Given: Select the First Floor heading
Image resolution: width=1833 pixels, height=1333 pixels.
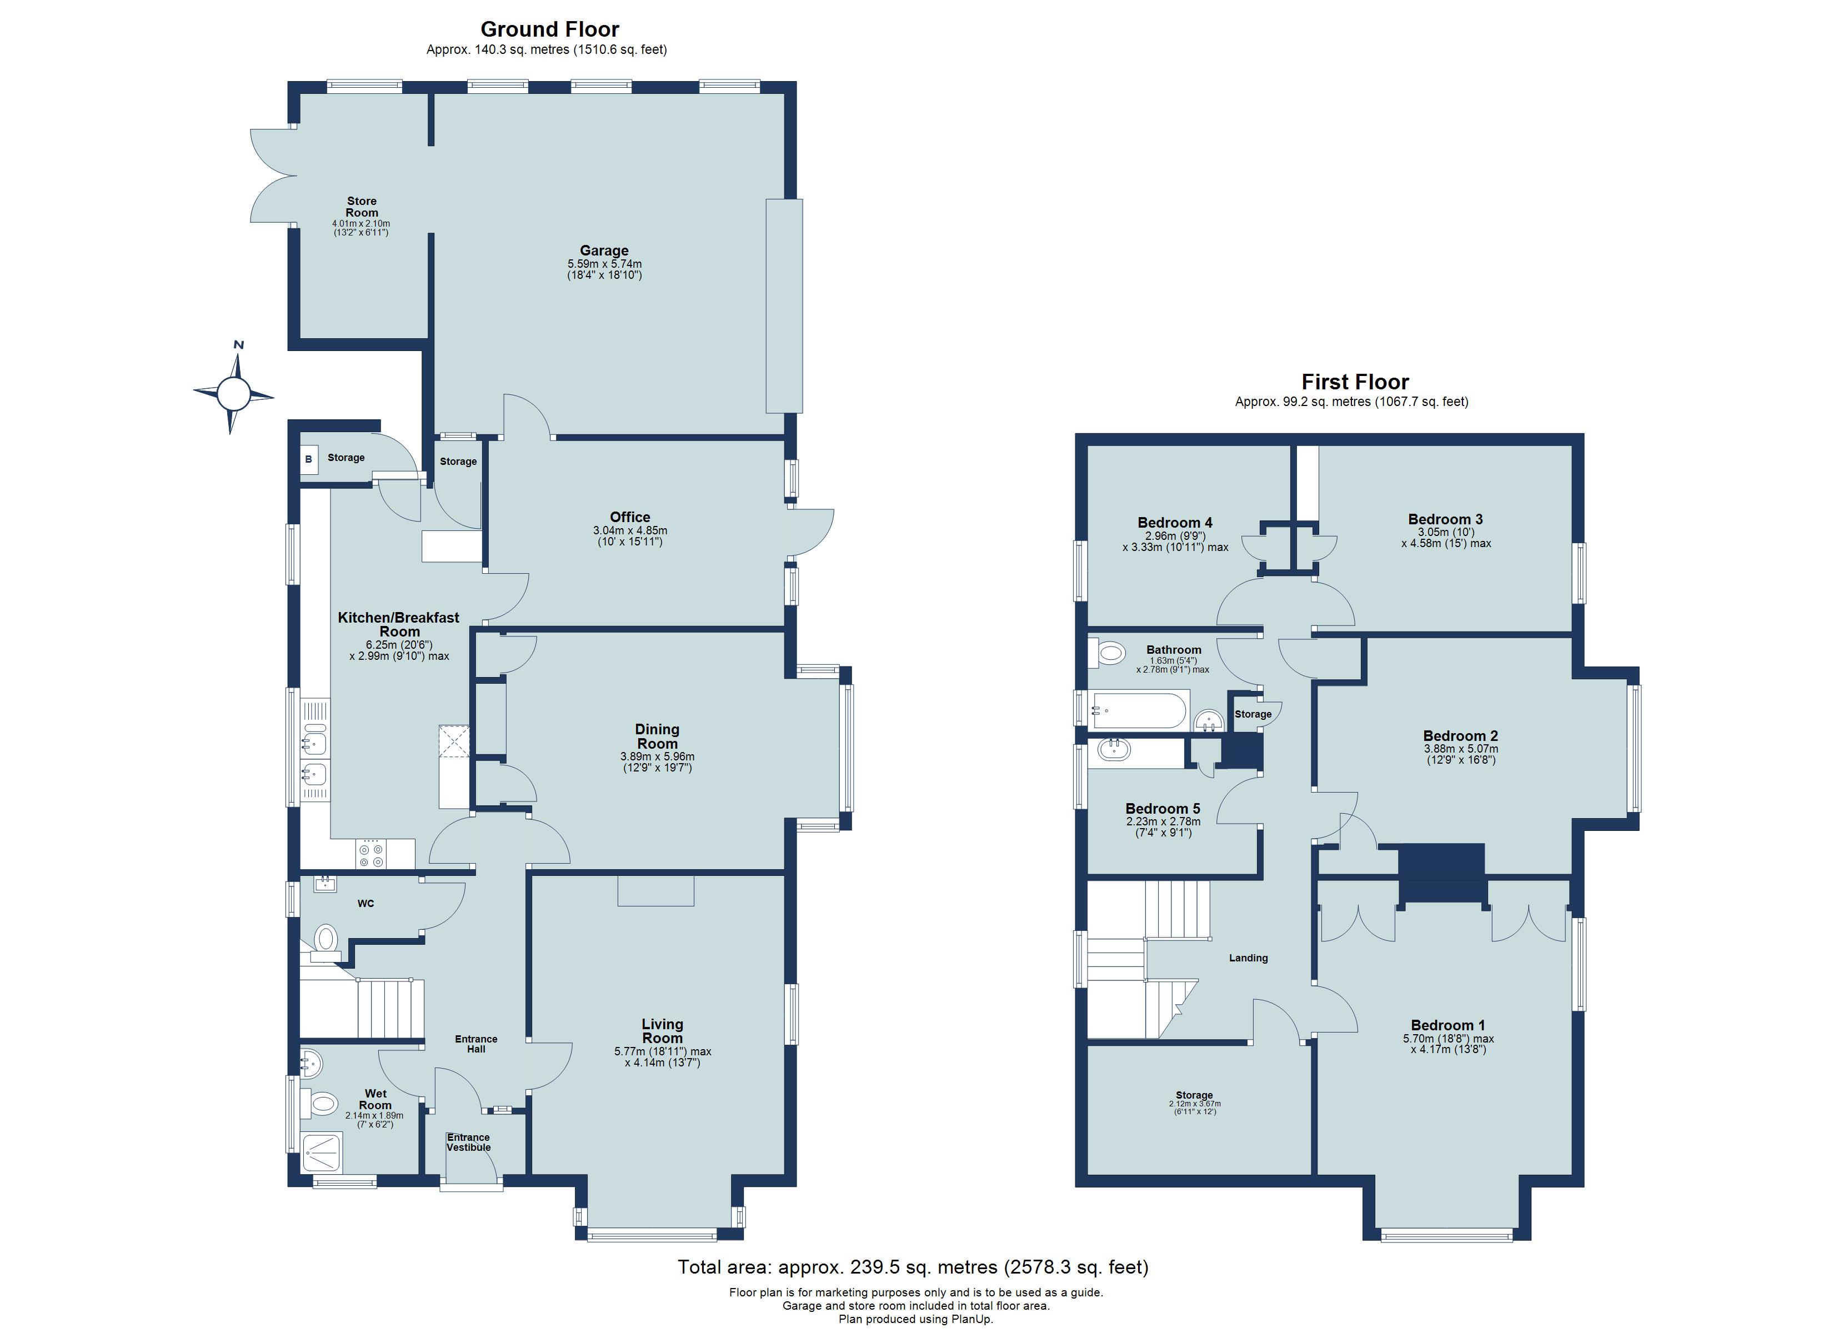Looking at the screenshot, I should tap(1355, 382).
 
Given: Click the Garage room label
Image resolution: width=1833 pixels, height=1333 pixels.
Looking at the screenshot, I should tap(604, 250).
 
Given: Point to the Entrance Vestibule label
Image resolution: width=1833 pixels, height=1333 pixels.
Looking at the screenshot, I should tap(469, 1142).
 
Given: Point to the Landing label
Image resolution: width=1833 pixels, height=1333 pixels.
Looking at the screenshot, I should tap(1248, 958).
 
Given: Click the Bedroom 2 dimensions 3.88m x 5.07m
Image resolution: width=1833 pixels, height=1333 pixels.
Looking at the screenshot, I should tap(1460, 749).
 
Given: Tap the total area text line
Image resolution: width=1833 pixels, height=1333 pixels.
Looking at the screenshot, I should tap(913, 1267).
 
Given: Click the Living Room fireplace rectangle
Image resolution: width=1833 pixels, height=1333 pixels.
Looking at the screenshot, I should tap(655, 889).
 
